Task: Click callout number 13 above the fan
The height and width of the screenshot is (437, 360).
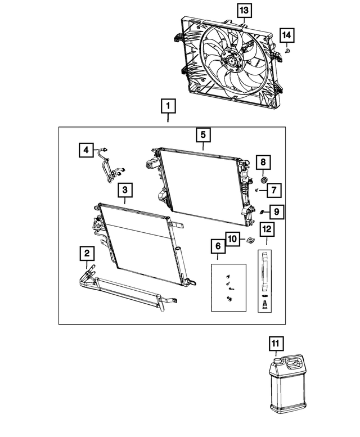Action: pyautogui.click(x=243, y=10)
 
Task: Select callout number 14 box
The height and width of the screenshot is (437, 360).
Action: pyautogui.click(x=287, y=36)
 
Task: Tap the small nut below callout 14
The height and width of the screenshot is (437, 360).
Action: pyautogui.click(x=287, y=51)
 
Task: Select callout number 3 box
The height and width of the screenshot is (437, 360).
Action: pyautogui.click(x=125, y=191)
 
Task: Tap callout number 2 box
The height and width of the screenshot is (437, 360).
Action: pyautogui.click(x=86, y=254)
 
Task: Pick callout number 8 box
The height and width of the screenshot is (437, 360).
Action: pyautogui.click(x=262, y=163)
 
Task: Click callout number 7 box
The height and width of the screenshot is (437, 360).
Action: pyautogui.click(x=271, y=191)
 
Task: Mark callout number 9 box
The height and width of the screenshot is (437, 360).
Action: pyautogui.click(x=277, y=211)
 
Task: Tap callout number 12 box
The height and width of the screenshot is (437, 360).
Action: pyautogui.click(x=266, y=229)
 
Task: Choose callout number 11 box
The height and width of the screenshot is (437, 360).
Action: pyautogui.click(x=277, y=343)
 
